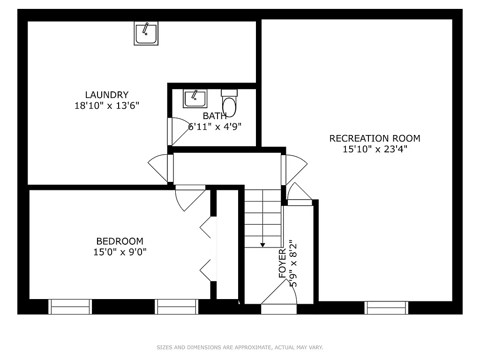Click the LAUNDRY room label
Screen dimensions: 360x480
coord(106,95)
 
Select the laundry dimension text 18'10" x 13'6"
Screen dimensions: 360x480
coord(106,105)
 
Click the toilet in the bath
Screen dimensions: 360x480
coord(230,104)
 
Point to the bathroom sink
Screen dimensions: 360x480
coord(195,99)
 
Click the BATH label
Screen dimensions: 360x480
coord(215,115)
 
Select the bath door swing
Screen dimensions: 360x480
coord(178,131)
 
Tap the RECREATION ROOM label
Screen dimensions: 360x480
coord(375,138)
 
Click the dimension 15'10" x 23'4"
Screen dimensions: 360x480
coord(375,150)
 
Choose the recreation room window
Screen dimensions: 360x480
coord(386,307)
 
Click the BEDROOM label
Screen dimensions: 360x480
coord(120,241)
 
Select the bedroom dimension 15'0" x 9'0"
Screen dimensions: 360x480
coord(120,252)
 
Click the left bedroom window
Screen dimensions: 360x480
coord(70,307)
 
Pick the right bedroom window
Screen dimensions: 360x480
coord(177,307)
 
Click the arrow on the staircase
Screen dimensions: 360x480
coord(262,244)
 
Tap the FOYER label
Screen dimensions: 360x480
coord(282,264)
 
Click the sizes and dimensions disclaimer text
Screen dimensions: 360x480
coord(240,347)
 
